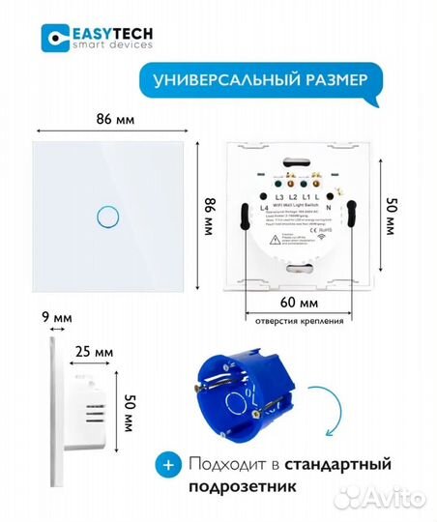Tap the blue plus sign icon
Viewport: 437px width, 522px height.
click(170, 465)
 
